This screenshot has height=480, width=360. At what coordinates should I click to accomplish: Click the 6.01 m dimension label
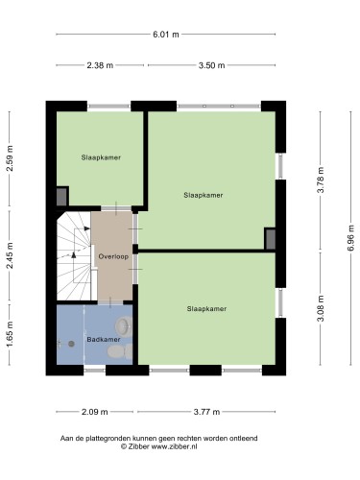(x=166, y=35)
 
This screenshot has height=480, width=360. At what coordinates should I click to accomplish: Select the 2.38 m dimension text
(x=100, y=65)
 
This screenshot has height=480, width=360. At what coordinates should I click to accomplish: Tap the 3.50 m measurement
(x=211, y=65)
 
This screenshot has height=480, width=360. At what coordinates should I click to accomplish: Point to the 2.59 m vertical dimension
(x=10, y=158)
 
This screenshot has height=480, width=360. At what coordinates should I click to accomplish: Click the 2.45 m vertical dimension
(x=10, y=255)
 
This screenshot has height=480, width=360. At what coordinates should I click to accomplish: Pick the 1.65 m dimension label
(x=10, y=334)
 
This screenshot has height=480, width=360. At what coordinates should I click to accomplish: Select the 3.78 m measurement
(x=321, y=180)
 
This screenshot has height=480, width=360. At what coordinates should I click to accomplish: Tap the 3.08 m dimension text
(x=321, y=308)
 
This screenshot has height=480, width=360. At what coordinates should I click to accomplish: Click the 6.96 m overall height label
(x=351, y=238)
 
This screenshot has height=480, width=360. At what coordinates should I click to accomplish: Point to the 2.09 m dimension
(x=95, y=412)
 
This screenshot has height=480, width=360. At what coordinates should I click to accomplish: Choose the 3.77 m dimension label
(x=206, y=412)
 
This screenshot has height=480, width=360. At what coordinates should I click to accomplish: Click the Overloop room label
(x=113, y=256)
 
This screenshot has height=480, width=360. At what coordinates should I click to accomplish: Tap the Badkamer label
(x=104, y=340)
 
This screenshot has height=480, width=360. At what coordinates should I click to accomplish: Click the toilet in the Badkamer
(x=120, y=351)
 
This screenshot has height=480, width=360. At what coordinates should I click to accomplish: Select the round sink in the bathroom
(x=124, y=325)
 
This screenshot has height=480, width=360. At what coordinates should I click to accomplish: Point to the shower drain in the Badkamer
(x=71, y=344)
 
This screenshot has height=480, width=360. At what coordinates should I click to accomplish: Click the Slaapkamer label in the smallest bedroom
(x=101, y=157)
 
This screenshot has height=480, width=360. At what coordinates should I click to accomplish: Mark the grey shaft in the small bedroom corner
(x=61, y=197)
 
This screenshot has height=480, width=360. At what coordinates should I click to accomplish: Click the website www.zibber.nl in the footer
(x=174, y=446)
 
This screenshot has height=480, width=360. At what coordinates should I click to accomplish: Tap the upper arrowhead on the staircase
(x=87, y=228)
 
